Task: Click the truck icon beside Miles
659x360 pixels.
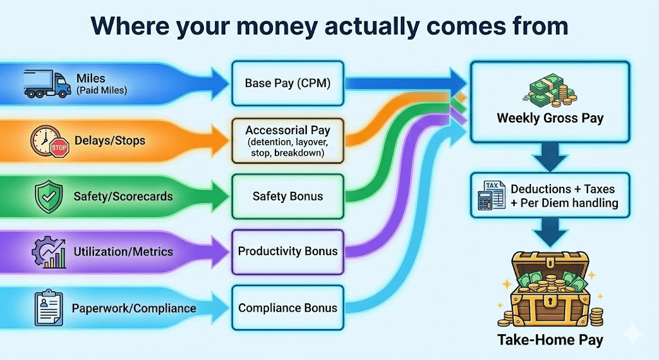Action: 47,84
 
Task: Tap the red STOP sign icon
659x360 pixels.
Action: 59,147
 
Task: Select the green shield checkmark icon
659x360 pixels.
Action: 49,196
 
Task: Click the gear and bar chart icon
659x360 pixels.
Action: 49,252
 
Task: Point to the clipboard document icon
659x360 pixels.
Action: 49,308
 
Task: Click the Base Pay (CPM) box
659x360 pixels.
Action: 288,83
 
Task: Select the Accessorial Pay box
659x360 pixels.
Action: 288,141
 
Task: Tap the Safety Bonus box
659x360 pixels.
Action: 288,196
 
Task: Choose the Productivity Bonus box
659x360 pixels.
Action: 288,252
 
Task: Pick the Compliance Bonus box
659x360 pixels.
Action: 288,308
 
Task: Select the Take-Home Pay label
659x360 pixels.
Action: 550,340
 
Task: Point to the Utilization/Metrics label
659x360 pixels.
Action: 123,252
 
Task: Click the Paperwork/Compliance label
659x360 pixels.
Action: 134,308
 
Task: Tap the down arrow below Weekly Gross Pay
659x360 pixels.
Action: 550,157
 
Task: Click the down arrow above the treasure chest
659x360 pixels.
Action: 550,232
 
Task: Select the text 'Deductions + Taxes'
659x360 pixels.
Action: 562,189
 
